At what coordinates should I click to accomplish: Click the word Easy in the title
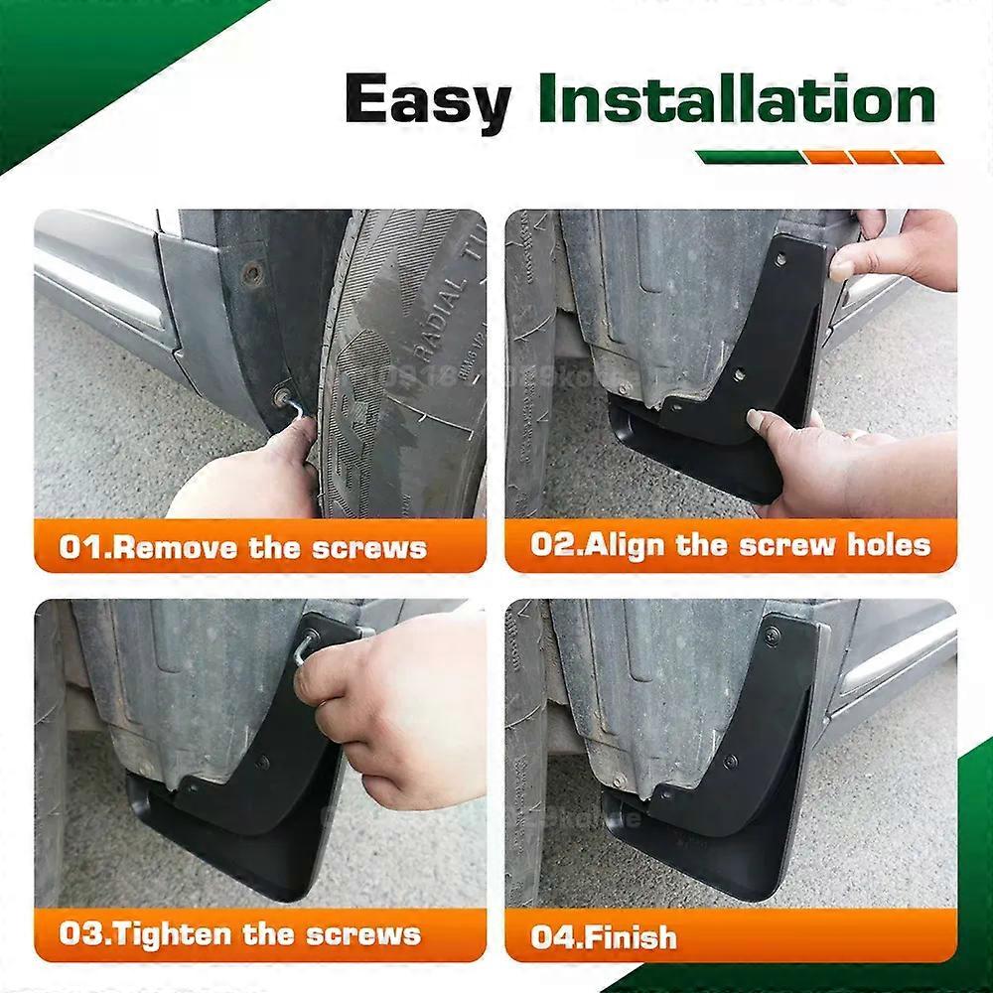click(x=427, y=101)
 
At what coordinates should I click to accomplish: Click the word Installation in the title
click(x=736, y=101)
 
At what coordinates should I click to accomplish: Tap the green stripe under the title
click(x=748, y=157)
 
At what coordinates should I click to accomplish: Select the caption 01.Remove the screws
click(x=242, y=548)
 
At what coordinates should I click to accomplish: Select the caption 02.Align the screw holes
click(x=730, y=544)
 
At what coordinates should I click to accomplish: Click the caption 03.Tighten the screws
click(x=238, y=934)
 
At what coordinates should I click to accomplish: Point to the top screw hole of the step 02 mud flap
click(x=780, y=259)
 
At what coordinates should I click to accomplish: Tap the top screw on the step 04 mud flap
click(x=772, y=632)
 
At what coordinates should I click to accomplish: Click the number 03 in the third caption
click(x=81, y=934)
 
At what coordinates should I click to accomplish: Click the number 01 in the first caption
click(x=81, y=548)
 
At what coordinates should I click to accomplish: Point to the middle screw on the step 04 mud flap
click(x=731, y=762)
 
